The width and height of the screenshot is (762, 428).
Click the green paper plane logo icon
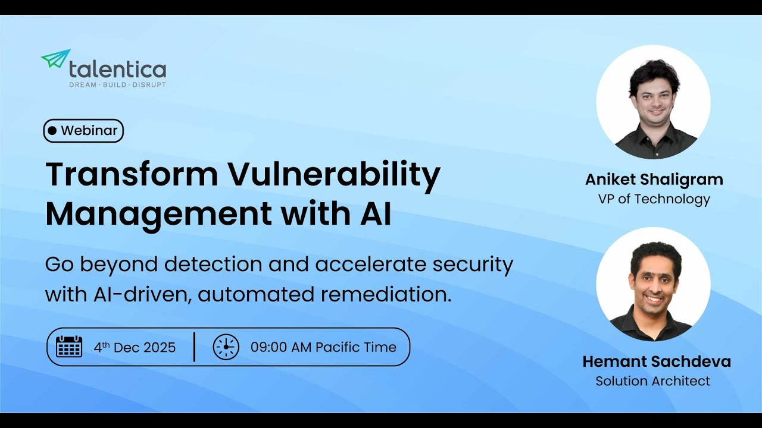pos(55,59)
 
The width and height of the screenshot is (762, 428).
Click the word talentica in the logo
pos(117,70)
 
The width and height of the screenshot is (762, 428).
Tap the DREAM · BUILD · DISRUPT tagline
pos(117,85)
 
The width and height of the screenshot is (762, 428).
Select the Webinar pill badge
pos(83,131)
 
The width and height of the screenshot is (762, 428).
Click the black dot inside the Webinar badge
pos(52,131)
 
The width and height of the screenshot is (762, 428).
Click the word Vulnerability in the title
pos(335,175)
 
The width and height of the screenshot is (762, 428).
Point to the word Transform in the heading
pos(132,175)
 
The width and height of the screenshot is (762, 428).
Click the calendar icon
pos(69,347)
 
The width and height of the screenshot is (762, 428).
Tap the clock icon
pos(226,347)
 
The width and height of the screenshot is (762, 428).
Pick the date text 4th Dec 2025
pos(135,347)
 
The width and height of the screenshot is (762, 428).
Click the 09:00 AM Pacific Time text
pos(323,347)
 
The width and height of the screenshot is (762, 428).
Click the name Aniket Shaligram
pos(654,180)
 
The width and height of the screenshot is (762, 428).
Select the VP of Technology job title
pos(654,199)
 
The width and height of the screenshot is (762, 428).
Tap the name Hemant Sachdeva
pos(657,361)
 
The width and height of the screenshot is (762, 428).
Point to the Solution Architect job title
pos(653,381)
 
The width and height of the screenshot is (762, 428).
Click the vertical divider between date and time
pos(195,347)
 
